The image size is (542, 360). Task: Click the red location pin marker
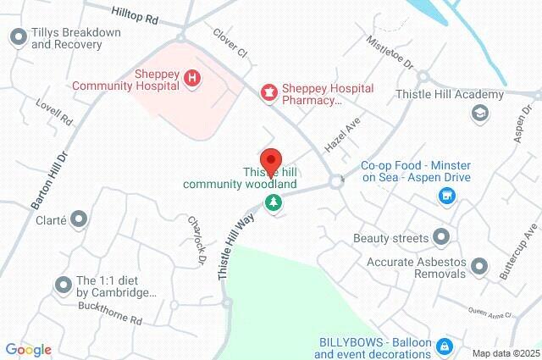pos(271,162)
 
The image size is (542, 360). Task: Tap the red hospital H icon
pos(192,79)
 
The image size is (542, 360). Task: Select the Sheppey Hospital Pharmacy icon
pos(268,91)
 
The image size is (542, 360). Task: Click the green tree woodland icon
pos(273,202)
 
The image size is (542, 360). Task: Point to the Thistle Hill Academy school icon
pos(479,112)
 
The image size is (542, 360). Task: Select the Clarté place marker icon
pos(79,219)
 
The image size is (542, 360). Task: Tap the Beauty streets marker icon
pos(440,236)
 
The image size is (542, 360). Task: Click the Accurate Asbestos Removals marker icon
pos(478,267)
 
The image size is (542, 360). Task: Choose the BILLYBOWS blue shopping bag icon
pos(444,347)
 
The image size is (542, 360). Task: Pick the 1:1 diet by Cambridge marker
pos(63,285)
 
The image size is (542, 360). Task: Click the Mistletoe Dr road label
pos(390,53)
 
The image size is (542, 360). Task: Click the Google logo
pos(28,349)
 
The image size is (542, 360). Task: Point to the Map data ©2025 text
pos(505,352)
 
